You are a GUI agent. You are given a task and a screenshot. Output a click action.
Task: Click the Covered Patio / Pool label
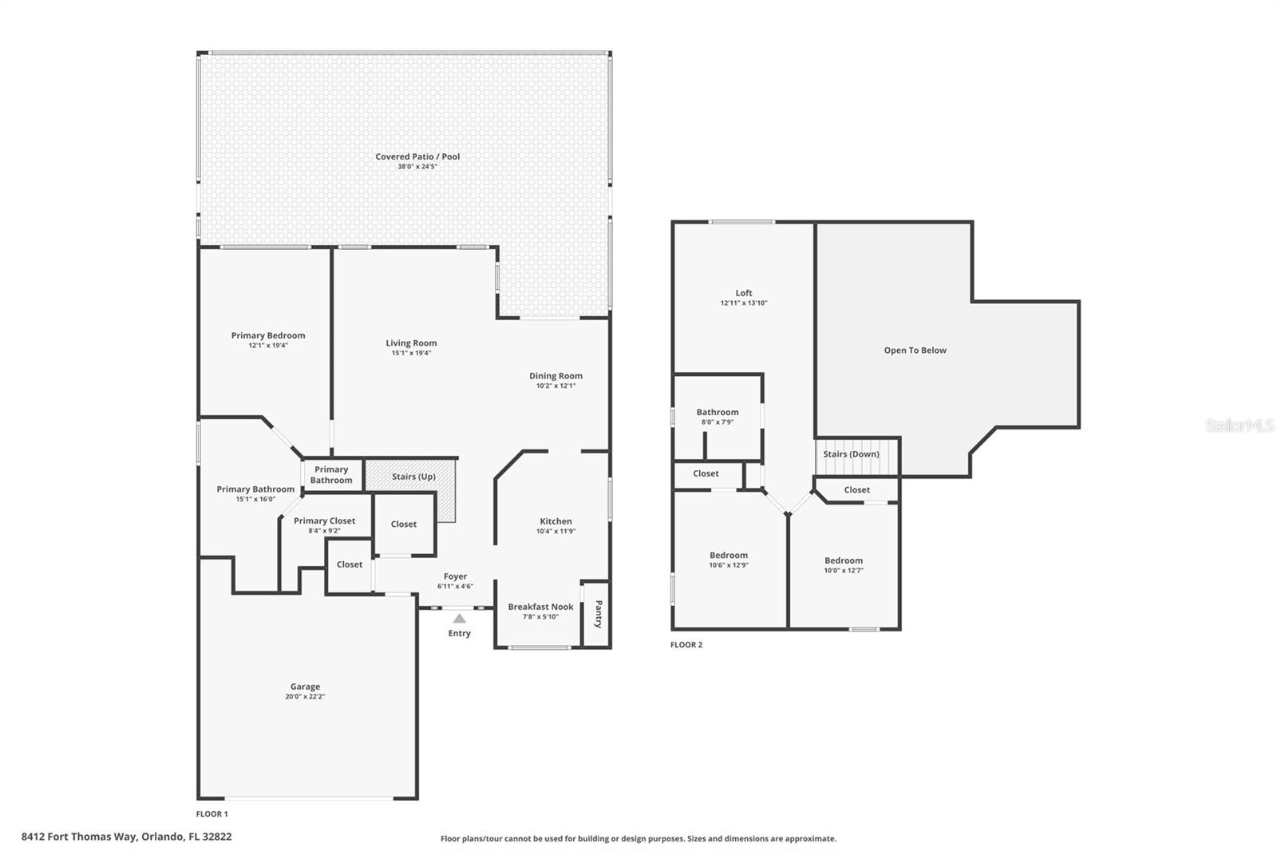(x=417, y=156)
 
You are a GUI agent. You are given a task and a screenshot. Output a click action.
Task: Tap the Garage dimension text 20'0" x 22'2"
(x=305, y=697)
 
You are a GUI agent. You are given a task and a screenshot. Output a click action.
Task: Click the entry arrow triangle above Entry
(x=459, y=619)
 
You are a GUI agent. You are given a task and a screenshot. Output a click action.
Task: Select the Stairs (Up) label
(x=413, y=477)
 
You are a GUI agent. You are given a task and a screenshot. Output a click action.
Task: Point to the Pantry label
(x=599, y=614)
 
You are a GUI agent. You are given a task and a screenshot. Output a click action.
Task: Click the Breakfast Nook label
(x=540, y=607)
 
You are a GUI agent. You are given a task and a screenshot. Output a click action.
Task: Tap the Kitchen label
(x=555, y=521)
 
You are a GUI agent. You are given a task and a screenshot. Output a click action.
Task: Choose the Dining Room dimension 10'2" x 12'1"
(x=555, y=386)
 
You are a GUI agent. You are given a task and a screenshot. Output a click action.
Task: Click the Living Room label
(x=411, y=343)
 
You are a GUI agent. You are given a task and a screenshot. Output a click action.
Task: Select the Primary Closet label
(x=324, y=520)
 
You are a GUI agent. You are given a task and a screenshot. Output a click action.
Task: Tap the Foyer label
(x=455, y=576)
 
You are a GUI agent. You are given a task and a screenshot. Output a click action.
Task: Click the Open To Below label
(x=915, y=350)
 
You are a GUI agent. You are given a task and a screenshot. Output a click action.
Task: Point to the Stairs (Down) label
(x=851, y=454)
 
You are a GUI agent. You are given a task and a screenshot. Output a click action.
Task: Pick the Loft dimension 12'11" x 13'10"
(x=743, y=303)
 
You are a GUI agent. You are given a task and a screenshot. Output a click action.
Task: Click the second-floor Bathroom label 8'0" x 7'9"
(x=717, y=413)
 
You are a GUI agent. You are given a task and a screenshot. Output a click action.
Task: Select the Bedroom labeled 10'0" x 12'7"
(x=844, y=560)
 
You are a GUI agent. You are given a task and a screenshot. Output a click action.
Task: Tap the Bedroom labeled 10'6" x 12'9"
(x=729, y=556)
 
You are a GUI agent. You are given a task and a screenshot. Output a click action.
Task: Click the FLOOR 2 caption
(x=686, y=645)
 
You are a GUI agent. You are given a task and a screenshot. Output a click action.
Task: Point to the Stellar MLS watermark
(x=1239, y=425)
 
